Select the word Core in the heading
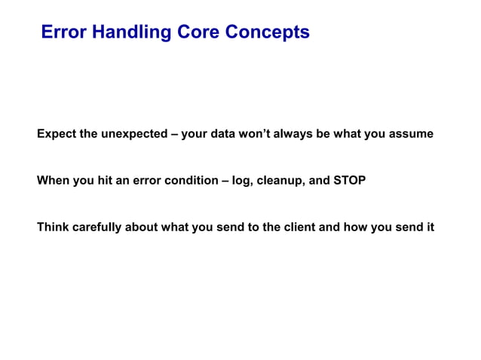click(x=200, y=32)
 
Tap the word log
click(x=243, y=181)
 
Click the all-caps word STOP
click(x=349, y=181)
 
